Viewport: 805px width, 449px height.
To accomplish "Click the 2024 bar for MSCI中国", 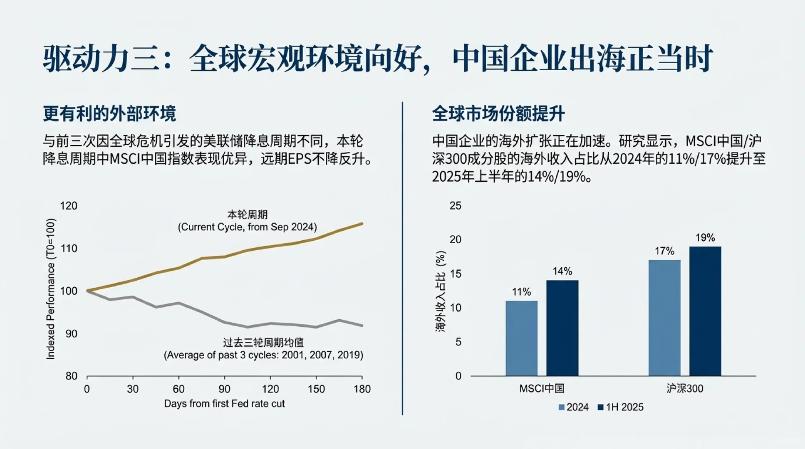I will pos(521,338).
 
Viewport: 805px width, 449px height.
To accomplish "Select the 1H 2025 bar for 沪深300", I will pos(705,311).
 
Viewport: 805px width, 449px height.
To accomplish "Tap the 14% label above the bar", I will pos(562,271).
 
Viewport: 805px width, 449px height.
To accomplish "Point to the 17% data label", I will pos(664,251).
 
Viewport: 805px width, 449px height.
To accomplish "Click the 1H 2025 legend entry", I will pos(620,407).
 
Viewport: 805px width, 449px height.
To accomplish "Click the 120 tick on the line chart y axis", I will pos(69,206).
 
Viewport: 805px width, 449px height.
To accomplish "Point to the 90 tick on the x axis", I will pos(224,389).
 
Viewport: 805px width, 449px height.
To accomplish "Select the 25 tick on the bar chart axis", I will pos(456,206).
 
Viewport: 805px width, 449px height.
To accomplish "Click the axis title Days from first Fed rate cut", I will pos(224,404).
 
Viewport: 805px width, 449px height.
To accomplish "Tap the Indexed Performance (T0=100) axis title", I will pos(50,289).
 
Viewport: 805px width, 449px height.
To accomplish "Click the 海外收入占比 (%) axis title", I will pos(440,291).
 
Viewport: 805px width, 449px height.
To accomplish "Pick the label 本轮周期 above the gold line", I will pos(247,215).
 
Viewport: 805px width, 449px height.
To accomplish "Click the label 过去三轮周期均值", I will pos(263,343).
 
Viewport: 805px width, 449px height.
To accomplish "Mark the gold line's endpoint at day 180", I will pos(362,224).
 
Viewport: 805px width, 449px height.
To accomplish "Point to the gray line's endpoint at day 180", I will pos(362,326).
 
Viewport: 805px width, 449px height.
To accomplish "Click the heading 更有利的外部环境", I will pos(109,113).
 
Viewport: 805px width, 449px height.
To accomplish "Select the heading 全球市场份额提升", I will pos(498,113).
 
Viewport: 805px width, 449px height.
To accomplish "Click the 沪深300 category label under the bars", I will pos(684,389).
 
